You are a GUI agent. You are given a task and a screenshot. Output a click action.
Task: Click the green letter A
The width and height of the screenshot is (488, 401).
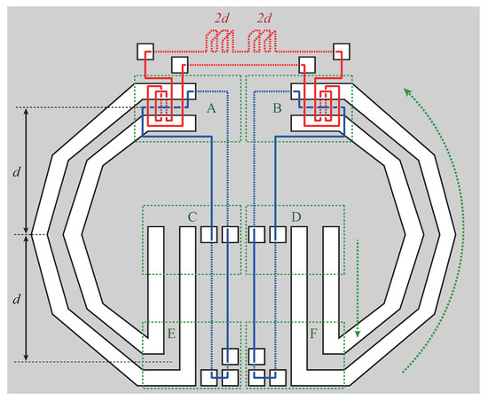tap(211, 108)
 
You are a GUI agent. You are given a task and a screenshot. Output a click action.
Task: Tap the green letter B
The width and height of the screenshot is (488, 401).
tap(277, 108)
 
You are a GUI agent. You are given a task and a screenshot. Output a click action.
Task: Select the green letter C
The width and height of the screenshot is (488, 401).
tap(193, 216)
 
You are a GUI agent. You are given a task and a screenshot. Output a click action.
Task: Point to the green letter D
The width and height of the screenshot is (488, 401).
tap(296, 216)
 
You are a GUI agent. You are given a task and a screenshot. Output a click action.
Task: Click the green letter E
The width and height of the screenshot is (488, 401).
tap(171, 334)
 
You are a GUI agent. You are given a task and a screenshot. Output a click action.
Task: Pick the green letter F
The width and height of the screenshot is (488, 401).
tap(313, 334)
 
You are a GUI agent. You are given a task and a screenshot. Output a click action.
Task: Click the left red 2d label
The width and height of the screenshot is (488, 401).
tap(222, 19)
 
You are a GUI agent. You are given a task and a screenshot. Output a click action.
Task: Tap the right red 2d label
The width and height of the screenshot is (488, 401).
tap(264, 19)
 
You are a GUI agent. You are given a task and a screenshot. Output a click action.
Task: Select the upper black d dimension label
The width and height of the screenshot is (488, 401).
tap(17, 171)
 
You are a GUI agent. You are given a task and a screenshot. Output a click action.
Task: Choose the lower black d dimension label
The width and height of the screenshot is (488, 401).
tap(17, 299)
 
